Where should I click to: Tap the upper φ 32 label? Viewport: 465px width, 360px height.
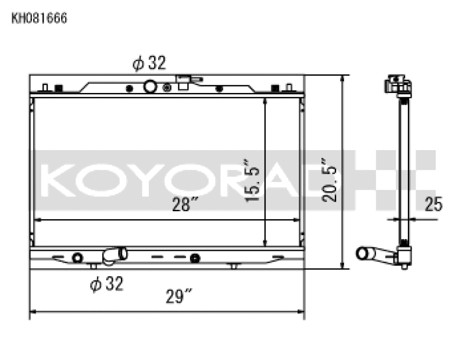[x=149, y=63]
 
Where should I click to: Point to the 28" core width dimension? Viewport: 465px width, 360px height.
[x=186, y=205]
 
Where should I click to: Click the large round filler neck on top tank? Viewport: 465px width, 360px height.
[x=150, y=87]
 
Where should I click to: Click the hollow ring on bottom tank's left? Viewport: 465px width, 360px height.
[x=77, y=258]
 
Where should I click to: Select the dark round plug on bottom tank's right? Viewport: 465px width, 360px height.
[x=195, y=258]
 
